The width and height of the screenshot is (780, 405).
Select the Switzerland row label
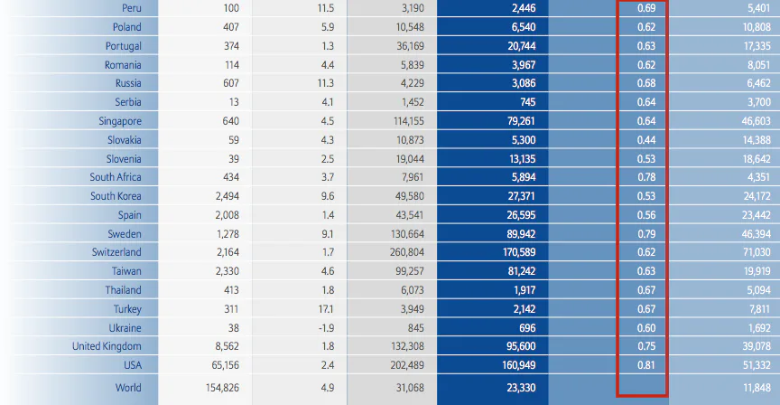click(x=116, y=252)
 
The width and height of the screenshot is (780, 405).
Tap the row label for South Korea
click(x=116, y=196)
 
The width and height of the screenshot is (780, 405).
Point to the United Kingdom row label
click(x=107, y=346)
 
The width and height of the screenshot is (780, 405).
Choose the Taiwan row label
click(x=125, y=271)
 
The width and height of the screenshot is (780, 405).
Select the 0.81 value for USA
click(x=646, y=365)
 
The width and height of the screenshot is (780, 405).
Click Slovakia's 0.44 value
click(x=646, y=140)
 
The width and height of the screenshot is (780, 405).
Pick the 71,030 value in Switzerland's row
click(x=755, y=252)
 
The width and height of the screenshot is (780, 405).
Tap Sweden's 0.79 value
click(x=646, y=234)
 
